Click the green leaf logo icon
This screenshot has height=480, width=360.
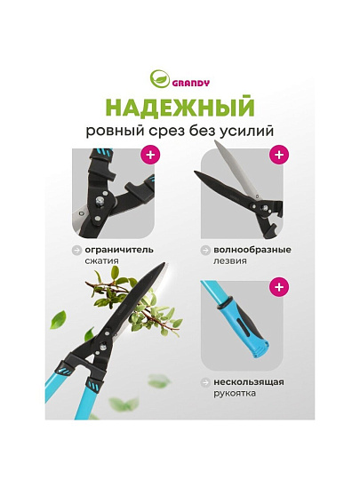tap(159, 79)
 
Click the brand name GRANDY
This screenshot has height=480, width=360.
tap(191, 83)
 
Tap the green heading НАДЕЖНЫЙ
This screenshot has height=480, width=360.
tap(180, 107)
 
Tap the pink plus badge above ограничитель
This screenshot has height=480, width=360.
tap(150, 155)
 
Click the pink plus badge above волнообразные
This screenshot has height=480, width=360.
tap(279, 155)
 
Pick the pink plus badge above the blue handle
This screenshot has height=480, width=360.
tap(279, 287)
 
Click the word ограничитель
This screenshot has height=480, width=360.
tap(119, 250)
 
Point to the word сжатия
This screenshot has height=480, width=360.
tap(101, 261)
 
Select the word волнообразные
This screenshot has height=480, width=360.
tap(252, 250)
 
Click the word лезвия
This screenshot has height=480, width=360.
tap(230, 261)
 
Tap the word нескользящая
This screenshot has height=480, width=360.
tap(249, 382)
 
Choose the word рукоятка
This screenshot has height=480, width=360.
tap(235, 394)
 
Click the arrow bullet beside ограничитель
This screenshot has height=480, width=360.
tap(76, 250)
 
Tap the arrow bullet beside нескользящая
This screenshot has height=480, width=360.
tap(205, 382)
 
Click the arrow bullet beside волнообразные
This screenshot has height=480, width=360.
tap(205, 250)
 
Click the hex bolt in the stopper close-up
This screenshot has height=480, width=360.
tap(100, 201)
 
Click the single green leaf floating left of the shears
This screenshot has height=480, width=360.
tap(58, 320)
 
